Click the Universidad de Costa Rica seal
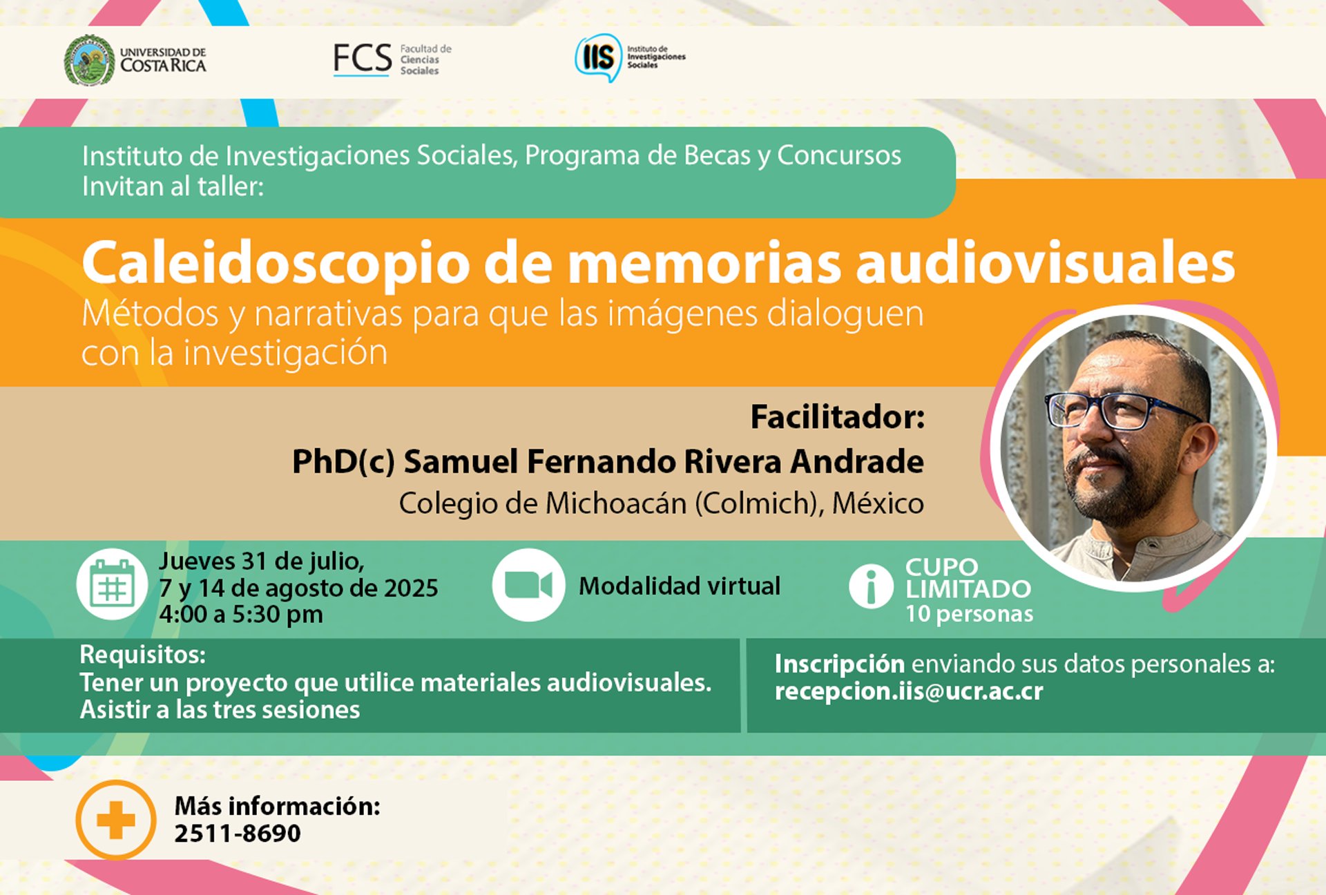(89, 60)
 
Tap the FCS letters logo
(363, 59)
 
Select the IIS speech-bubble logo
(598, 57)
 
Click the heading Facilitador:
(837, 417)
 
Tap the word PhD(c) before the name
(343, 462)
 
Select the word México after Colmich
(878, 503)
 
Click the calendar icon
(112, 584)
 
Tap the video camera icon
(528, 585)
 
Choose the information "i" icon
(871, 586)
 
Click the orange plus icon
(116, 820)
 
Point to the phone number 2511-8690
(238, 834)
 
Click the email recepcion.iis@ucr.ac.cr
(909, 691)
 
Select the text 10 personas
(970, 613)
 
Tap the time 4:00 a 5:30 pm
(241, 614)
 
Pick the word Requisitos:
(142, 654)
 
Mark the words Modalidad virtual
(680, 586)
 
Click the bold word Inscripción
(839, 664)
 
